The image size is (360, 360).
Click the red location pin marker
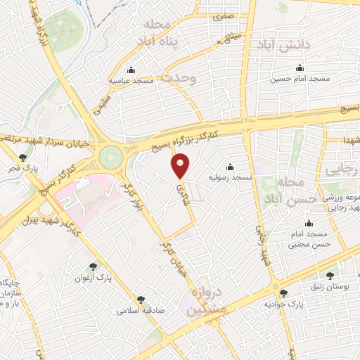(181, 167)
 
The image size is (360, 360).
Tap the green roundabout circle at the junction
(110, 154)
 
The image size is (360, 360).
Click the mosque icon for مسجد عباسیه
(131, 70)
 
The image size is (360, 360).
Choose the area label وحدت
(181, 77)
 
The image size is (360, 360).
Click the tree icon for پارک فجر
(24, 157)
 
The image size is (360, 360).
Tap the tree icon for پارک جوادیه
(284, 293)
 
